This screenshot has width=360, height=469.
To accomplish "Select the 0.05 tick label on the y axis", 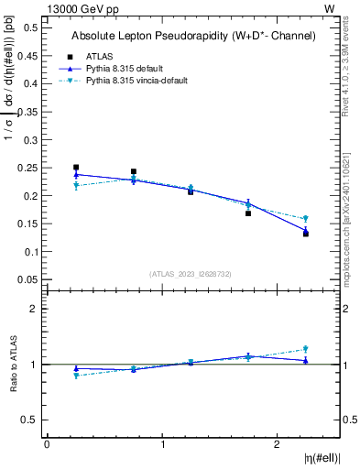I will (x=27, y=279).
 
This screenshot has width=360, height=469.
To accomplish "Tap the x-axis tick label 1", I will (x=163, y=444).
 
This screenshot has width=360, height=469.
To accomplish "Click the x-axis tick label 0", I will (x=47, y=444).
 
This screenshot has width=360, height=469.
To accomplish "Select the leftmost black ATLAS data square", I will (x=76, y=168).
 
